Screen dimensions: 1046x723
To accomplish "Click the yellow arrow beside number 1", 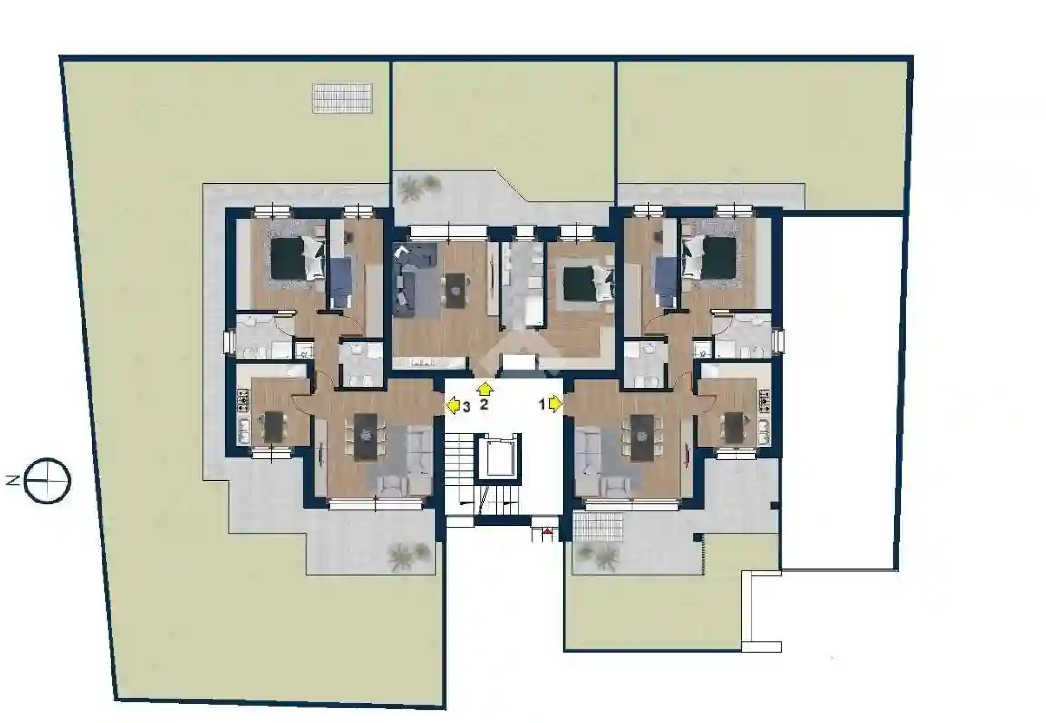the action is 556,404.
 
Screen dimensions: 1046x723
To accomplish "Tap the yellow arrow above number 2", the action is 485,388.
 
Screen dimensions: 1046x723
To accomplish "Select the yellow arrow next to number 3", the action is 453,405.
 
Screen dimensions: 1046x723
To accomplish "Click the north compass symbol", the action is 47,480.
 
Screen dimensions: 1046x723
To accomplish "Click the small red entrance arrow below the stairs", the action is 547,532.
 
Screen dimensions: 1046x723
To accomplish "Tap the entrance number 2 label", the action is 484,404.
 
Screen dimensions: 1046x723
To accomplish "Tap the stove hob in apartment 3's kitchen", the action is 243,399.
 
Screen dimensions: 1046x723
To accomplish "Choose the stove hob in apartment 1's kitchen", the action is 764,399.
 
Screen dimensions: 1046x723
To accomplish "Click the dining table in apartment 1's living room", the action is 642,437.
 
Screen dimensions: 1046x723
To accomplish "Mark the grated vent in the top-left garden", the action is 342,97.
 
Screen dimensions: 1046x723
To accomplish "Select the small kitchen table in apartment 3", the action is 274,426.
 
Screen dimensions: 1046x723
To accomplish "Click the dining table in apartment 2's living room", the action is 456,290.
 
